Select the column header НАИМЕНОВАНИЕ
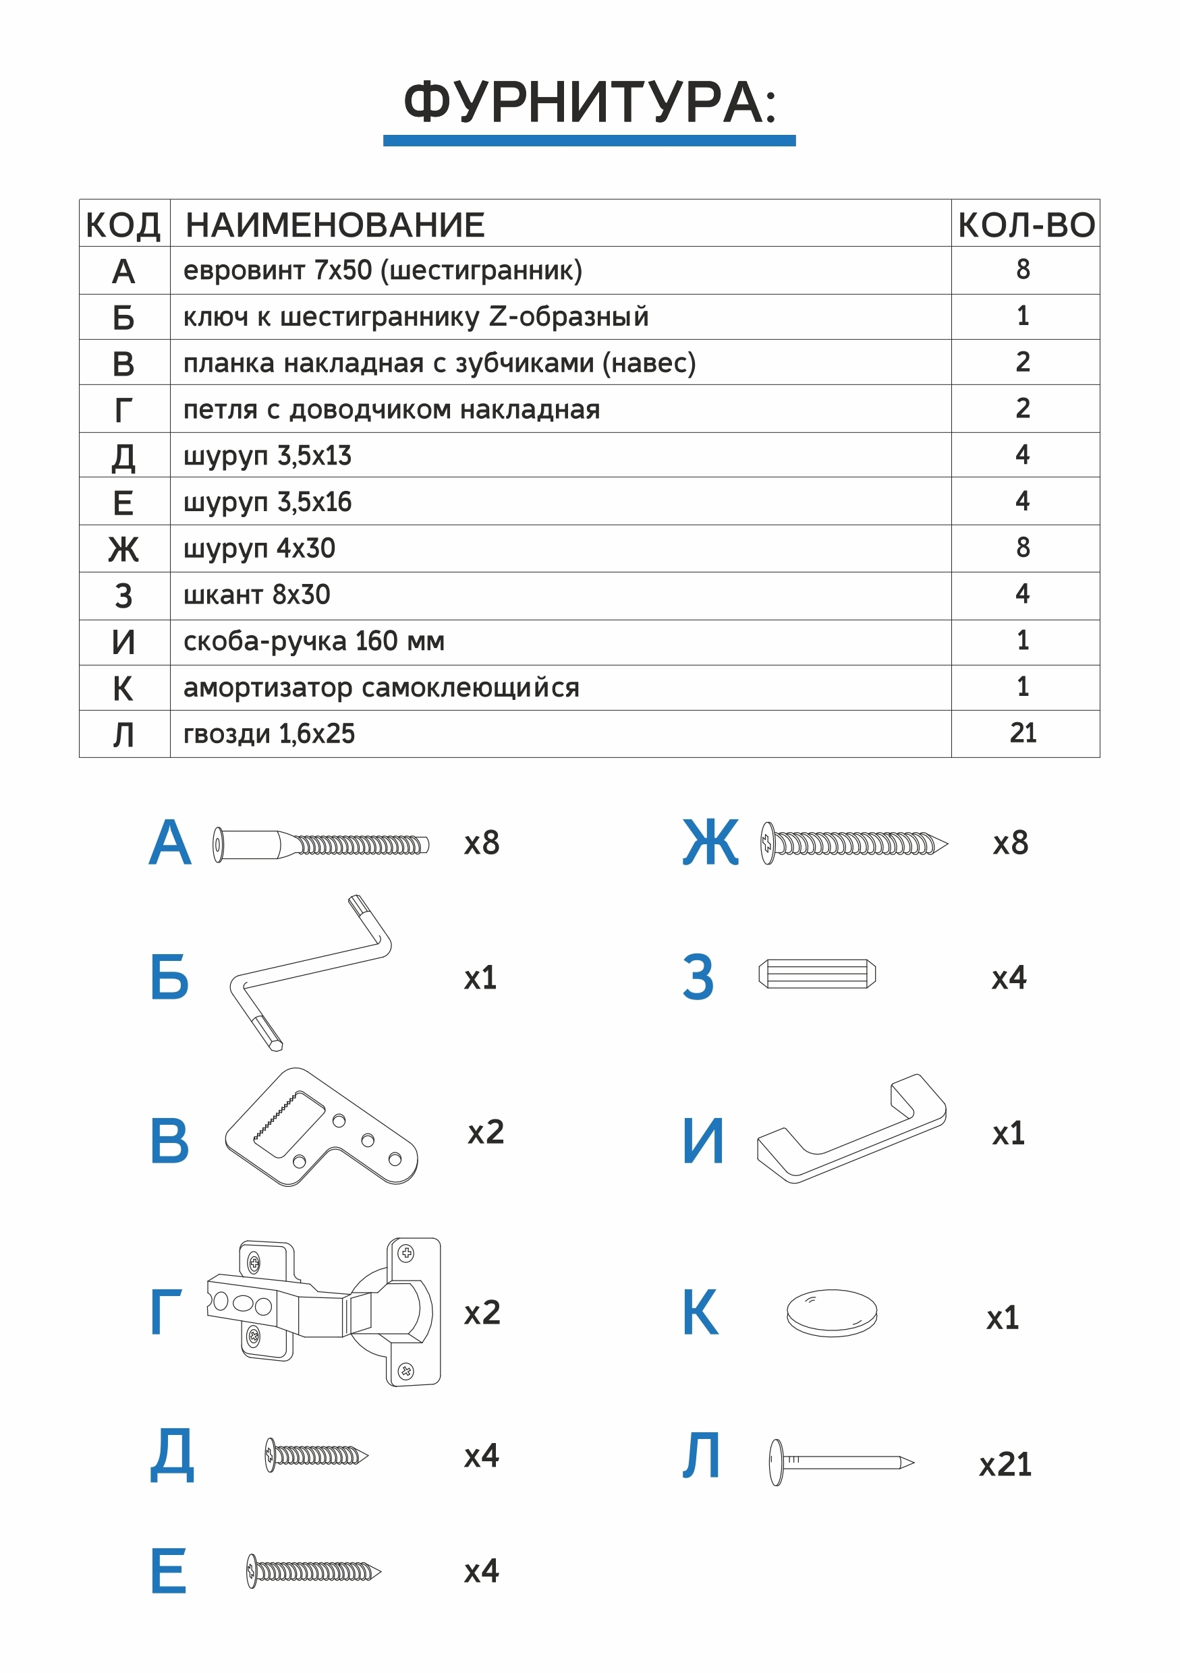point(335,225)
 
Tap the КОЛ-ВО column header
point(1026,225)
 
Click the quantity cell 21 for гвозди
point(1023,733)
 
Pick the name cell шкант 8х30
point(256,595)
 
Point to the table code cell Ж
point(123,550)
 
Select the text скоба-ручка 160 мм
point(314,641)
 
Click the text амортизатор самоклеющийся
point(381,688)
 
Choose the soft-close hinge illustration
point(325,1312)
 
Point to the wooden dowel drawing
point(816,974)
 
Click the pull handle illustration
point(851,1129)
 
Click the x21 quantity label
point(1005,1465)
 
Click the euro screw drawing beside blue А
point(320,844)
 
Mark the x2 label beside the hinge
point(482,1313)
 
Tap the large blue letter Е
point(169,1571)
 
